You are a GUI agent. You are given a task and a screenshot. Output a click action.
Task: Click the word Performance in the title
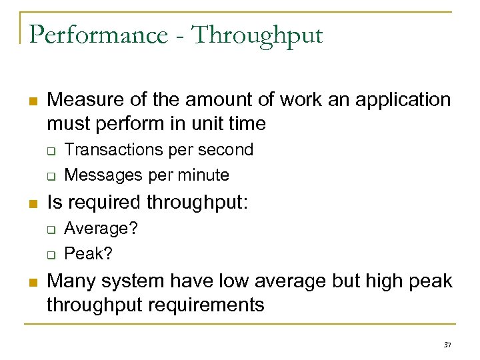(99, 35)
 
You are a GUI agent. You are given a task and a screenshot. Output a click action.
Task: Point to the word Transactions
(114, 150)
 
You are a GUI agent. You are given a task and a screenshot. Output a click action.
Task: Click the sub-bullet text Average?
(101, 229)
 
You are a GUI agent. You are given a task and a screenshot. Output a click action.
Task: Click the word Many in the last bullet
(70, 281)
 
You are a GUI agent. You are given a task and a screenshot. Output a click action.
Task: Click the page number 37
(447, 345)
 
